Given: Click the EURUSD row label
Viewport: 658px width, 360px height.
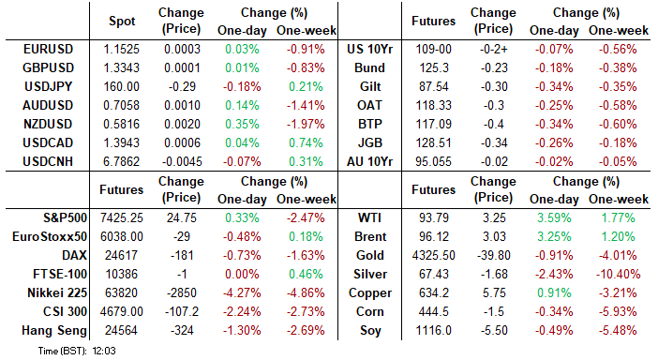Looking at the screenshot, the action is click(48, 49).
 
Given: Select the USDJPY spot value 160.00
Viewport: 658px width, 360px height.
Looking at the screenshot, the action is click(121, 86).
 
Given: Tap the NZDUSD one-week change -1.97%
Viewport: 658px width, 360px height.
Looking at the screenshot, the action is click(306, 124).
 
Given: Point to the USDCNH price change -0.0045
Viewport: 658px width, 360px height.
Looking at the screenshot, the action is click(182, 161).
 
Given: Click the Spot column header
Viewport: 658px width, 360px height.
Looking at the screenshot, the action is click(122, 21).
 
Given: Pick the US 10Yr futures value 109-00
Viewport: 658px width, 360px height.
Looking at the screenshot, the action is click(433, 49).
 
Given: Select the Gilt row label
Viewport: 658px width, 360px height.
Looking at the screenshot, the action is click(370, 86).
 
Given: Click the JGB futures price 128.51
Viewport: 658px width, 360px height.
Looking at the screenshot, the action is click(433, 142).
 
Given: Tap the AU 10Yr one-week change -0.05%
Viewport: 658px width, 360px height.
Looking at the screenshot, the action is click(618, 161).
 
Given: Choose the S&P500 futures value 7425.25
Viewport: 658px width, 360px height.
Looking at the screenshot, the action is click(122, 217).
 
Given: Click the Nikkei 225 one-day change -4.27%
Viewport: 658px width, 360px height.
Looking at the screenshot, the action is click(242, 292).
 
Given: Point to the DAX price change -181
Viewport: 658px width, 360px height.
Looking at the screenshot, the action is click(182, 256).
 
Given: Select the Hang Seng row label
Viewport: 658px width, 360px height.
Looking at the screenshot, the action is click(54, 331).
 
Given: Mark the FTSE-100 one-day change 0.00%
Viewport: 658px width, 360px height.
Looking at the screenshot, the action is click(242, 275).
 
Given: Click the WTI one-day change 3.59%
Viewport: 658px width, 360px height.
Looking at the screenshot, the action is click(554, 217).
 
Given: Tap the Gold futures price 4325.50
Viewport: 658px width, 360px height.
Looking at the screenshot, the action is click(433, 256).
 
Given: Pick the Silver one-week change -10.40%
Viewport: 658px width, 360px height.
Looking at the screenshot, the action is click(618, 275).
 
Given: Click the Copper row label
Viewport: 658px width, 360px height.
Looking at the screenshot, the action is click(370, 292).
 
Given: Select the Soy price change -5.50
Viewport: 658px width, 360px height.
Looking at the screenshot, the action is click(494, 331).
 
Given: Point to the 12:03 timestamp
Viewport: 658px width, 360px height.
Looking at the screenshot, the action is click(104, 351).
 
